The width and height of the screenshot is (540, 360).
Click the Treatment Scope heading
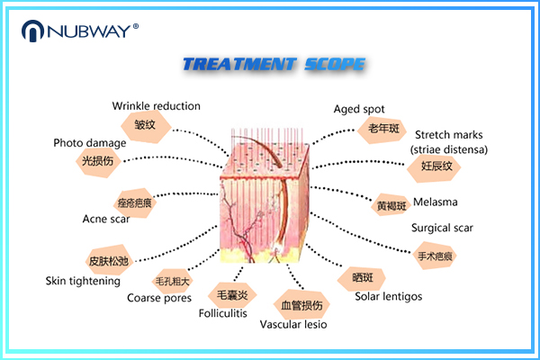click(x=274, y=65)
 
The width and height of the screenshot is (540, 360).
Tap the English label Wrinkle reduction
click(x=156, y=106)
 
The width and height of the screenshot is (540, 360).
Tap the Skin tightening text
click(x=83, y=281)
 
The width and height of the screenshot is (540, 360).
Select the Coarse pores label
click(x=157, y=298)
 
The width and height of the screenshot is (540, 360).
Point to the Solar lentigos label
click(x=388, y=296)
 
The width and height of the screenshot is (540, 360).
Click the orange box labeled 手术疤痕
click(x=436, y=256)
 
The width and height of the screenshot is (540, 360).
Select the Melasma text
click(x=436, y=202)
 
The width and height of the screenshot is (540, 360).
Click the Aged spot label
click(x=359, y=109)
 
